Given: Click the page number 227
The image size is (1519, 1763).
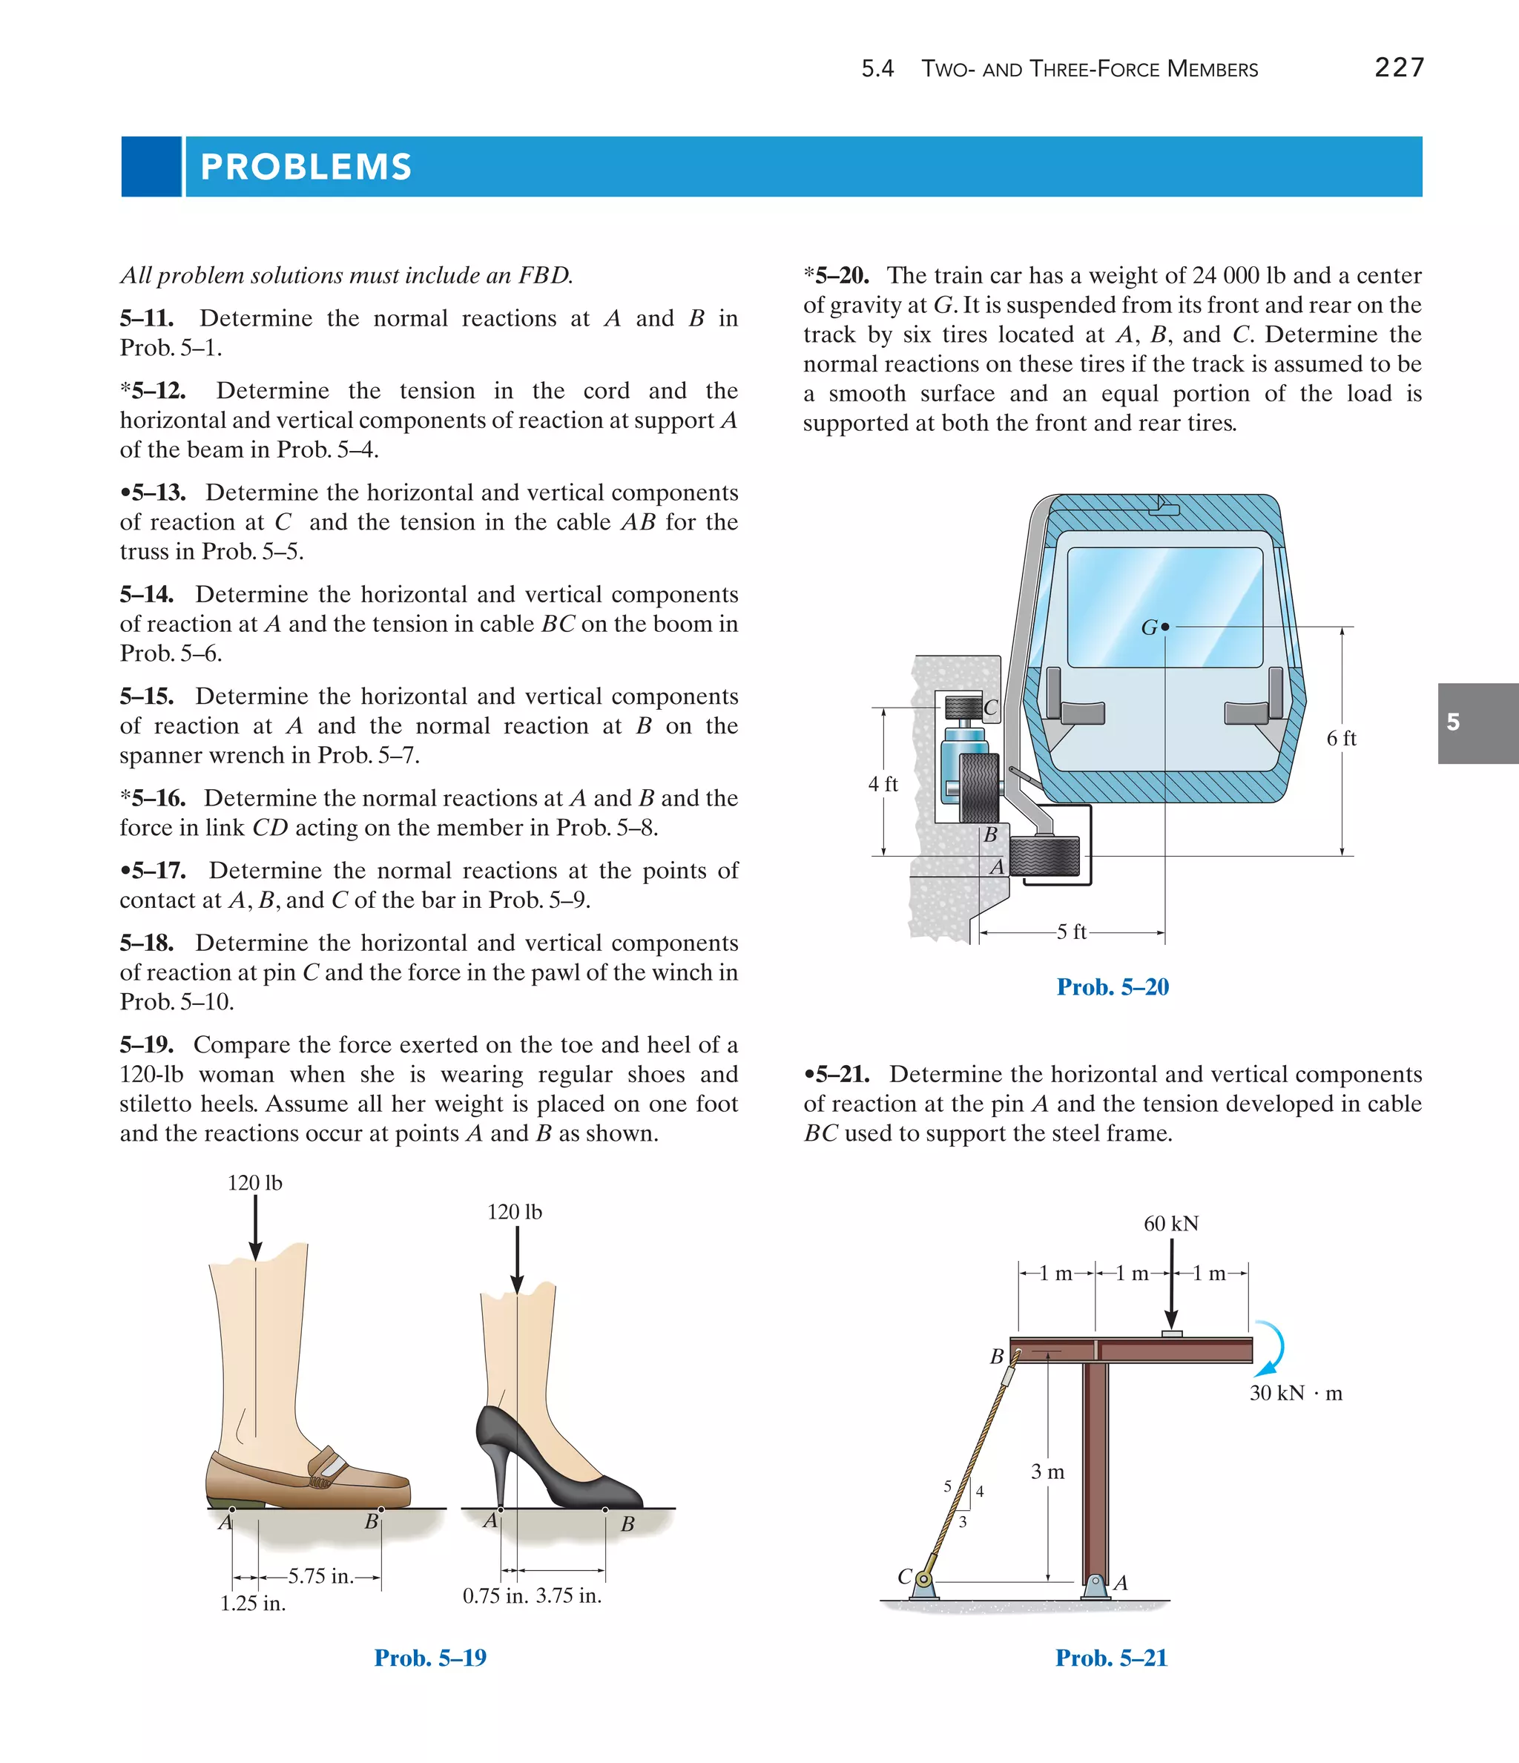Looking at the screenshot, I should click(1399, 67).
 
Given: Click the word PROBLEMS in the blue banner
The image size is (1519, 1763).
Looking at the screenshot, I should click(306, 167).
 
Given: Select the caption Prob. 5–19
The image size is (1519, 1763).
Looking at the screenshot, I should click(429, 1658).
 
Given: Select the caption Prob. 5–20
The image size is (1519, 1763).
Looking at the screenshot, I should click(1113, 987).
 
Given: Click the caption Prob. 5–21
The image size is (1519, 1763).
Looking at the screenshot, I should click(1110, 1658).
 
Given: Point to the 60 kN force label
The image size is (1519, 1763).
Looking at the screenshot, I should click(1170, 1224).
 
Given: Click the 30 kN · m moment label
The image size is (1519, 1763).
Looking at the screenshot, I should click(1295, 1393).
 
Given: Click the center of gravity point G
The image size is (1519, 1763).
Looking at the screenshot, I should click(1165, 627).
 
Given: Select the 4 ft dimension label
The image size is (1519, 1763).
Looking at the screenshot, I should click(883, 784).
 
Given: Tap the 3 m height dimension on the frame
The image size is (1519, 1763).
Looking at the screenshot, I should click(1047, 1472).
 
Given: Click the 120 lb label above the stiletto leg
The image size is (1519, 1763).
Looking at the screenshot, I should click(514, 1212).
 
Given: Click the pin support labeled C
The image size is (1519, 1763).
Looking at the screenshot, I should click(923, 1582).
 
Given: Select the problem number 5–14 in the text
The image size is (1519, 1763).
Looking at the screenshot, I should click(146, 595).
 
